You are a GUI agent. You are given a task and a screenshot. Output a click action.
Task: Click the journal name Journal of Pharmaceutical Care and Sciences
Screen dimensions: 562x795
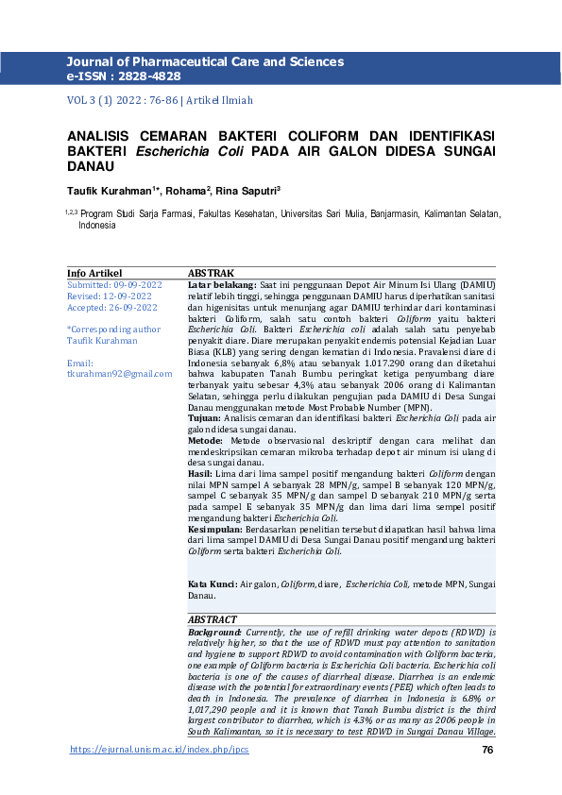(205, 61)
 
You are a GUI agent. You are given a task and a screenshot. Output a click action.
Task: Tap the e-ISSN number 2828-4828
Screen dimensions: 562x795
(141, 75)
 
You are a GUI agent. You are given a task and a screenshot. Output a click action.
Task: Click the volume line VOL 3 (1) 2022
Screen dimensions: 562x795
(111, 100)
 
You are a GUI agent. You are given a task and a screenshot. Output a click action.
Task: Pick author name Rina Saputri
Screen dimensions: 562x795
(247, 190)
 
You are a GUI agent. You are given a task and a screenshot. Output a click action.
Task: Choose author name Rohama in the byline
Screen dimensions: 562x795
(186, 190)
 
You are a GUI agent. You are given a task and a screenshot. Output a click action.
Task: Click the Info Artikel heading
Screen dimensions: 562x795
(94, 273)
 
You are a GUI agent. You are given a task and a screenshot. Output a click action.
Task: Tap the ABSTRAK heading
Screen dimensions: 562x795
(212, 273)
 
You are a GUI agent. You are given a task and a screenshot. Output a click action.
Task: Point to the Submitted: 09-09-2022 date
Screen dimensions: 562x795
(114, 284)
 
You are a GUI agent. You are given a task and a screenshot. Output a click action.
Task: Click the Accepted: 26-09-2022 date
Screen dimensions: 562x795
(111, 307)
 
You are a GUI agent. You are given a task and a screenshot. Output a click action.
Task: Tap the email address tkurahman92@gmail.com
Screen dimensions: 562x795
(120, 374)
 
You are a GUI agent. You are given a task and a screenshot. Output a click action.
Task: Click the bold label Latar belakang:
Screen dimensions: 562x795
(222, 284)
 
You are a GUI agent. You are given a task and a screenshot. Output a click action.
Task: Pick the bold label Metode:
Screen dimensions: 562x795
(205, 441)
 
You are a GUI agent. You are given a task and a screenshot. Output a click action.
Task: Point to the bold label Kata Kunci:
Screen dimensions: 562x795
(213, 585)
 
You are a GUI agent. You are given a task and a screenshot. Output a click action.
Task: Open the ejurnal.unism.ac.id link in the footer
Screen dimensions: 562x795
(160, 751)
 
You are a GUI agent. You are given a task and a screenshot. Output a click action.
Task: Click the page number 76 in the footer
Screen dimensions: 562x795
(487, 751)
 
